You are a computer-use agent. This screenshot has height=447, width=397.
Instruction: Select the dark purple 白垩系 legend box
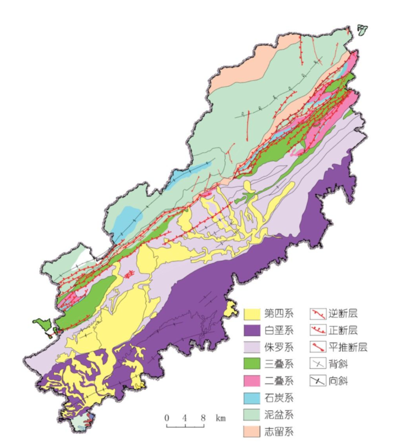(253, 331)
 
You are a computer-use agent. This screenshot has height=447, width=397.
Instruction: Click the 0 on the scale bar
(166, 418)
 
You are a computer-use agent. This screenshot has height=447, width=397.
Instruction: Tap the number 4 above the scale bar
(184, 418)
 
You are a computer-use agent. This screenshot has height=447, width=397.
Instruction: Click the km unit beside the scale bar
(220, 418)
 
